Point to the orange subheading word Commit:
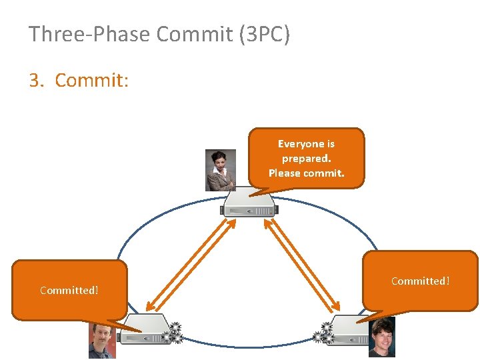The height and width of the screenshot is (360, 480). pos(91,81)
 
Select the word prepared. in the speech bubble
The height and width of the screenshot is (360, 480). pos(306,159)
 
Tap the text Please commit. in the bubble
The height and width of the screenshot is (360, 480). pos(306,173)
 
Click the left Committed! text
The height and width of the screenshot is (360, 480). pos(69,290)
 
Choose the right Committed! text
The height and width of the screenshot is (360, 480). pos(420,281)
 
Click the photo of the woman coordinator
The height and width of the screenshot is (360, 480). pos(221,170)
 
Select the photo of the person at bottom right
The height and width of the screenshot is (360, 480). pos(382,336)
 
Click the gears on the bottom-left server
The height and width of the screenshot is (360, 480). pos(175,332)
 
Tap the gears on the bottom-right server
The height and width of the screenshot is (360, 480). pos(325,331)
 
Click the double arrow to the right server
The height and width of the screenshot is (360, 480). pos(303,265)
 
